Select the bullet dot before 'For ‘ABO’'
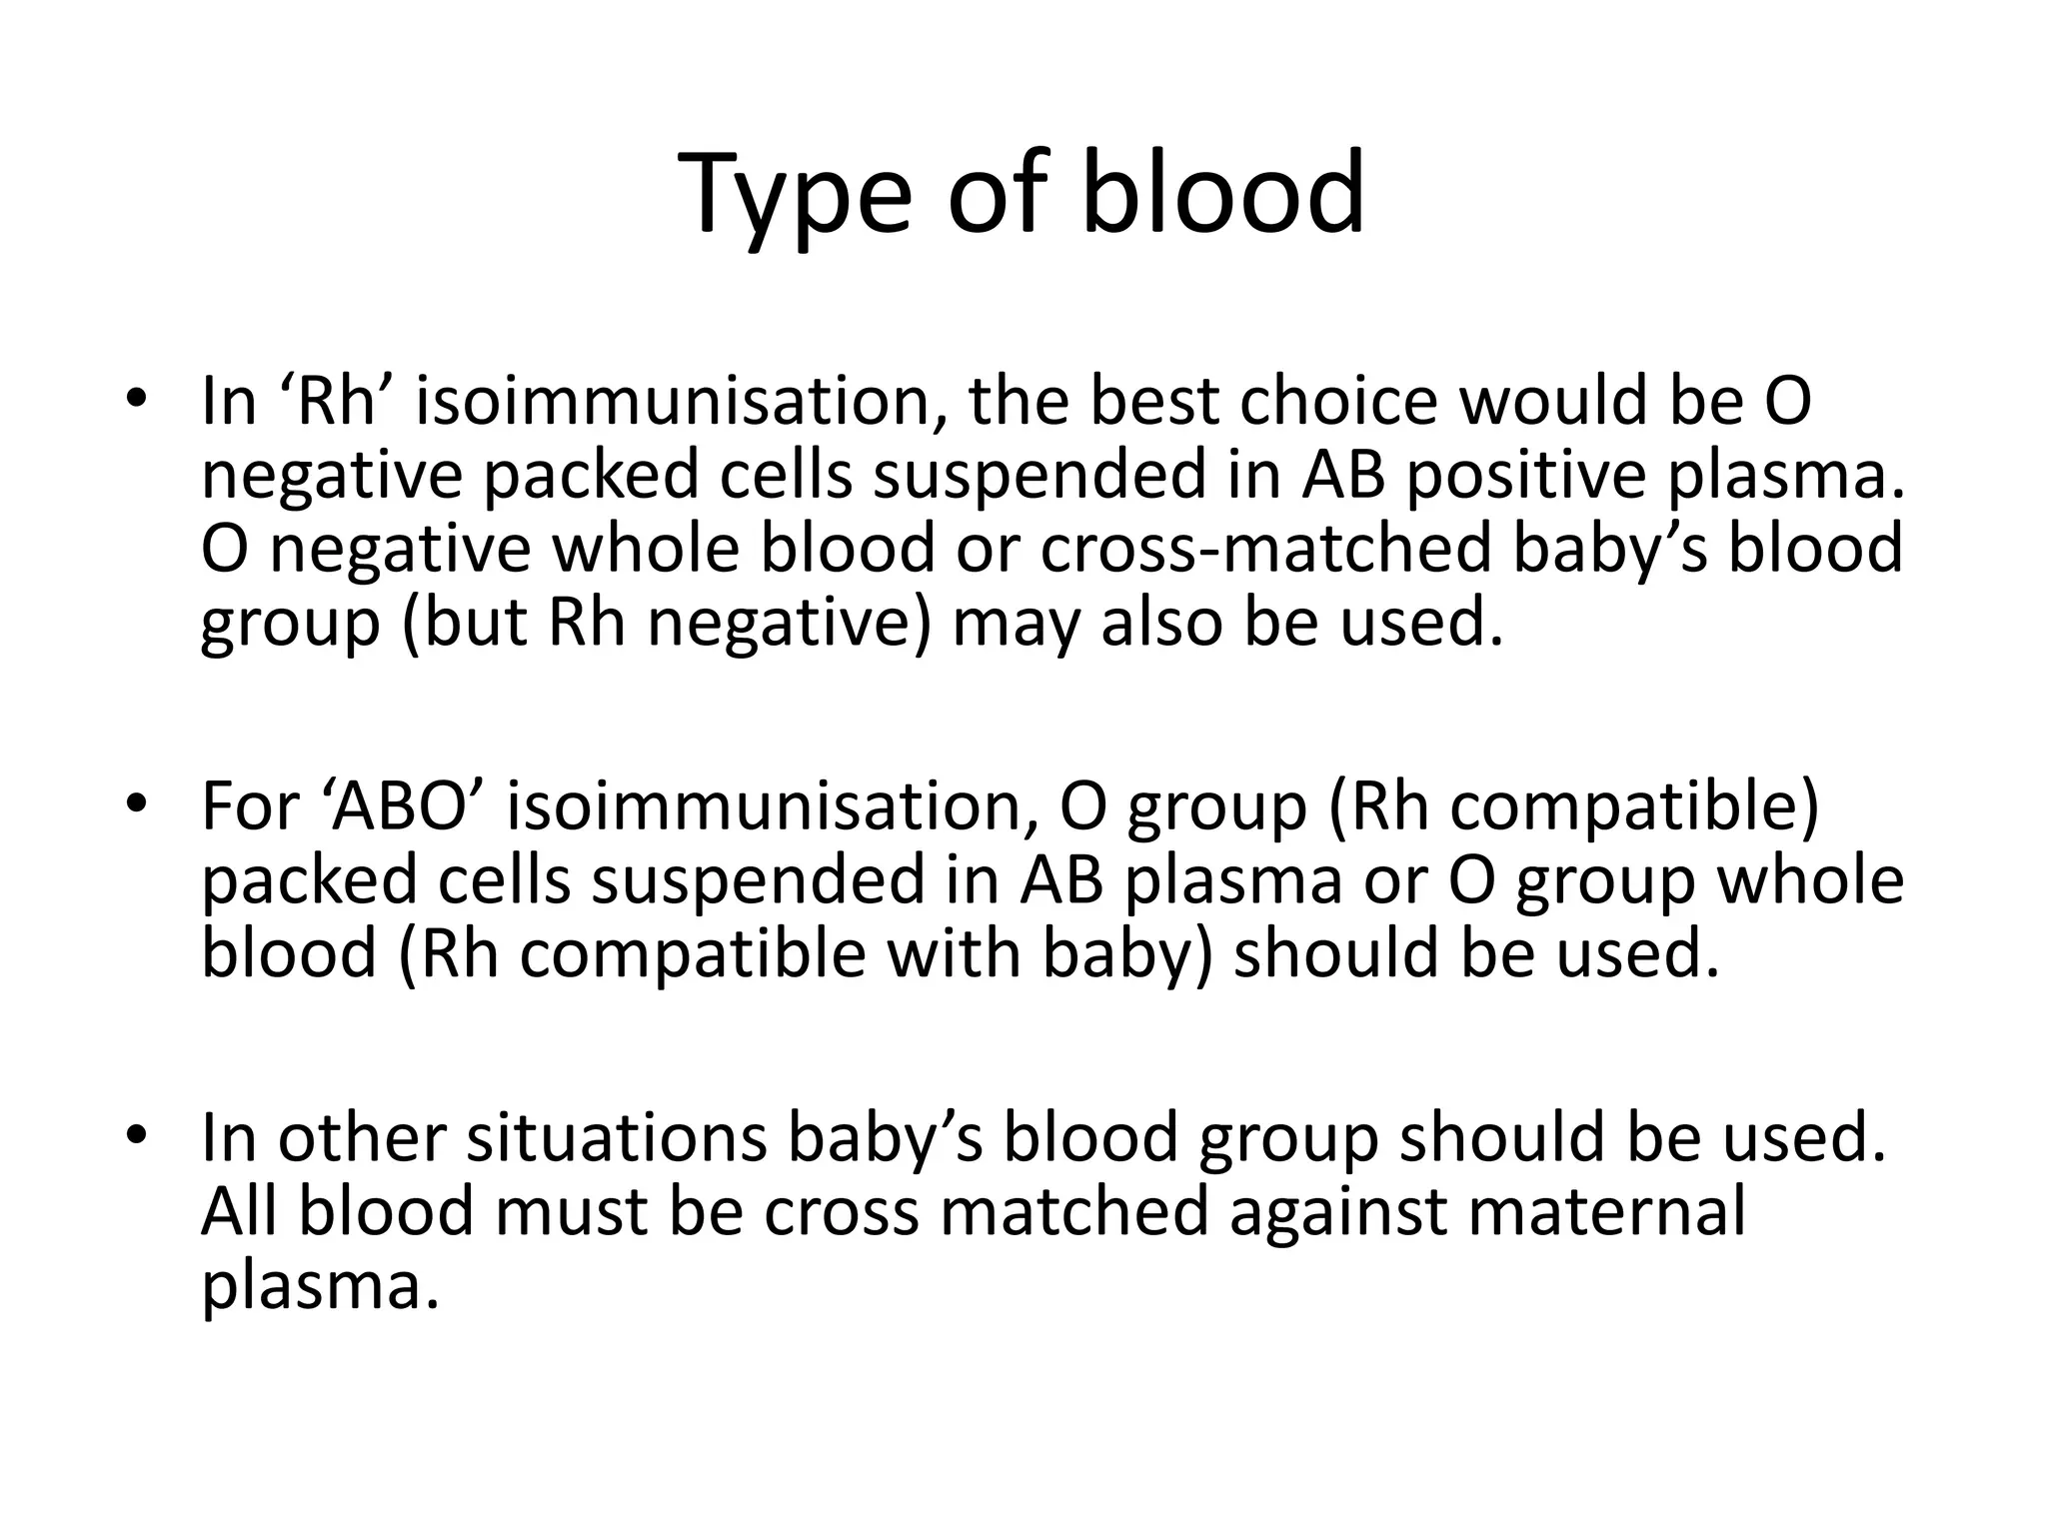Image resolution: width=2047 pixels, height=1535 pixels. click(x=137, y=804)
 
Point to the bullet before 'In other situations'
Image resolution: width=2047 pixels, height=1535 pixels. click(x=137, y=1136)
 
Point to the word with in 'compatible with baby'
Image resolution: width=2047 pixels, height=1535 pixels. click(x=954, y=953)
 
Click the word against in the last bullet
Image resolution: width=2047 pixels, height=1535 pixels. click(x=1337, y=1211)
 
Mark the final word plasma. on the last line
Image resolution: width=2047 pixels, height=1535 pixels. click(x=320, y=1286)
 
